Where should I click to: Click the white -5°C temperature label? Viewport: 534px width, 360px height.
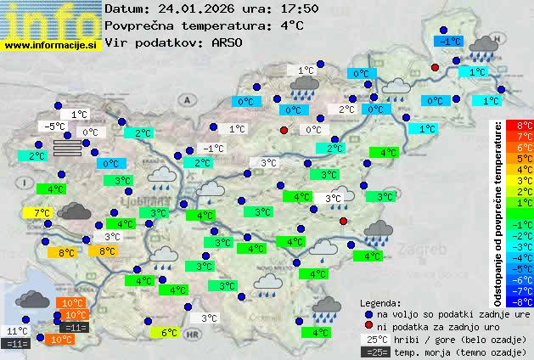(55, 127)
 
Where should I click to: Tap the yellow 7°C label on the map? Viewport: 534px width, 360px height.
(41, 212)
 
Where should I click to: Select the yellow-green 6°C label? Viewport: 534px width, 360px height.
(168, 333)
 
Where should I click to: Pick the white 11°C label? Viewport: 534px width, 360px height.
(17, 331)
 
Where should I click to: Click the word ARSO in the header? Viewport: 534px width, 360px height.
(229, 42)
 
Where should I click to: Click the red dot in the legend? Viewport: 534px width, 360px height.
(368, 325)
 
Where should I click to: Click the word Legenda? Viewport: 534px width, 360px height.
(380, 302)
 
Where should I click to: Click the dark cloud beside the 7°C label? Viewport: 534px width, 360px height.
(76, 211)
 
